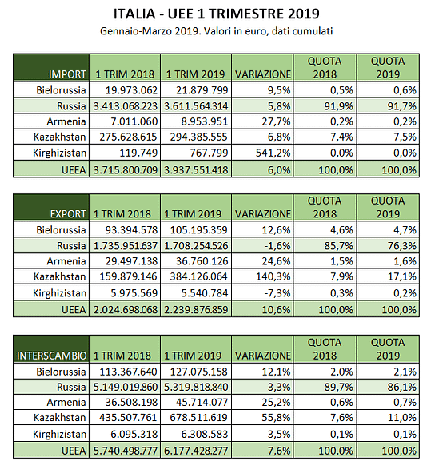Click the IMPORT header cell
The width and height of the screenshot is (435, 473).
tap(51, 67)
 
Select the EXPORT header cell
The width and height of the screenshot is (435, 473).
tap(51, 207)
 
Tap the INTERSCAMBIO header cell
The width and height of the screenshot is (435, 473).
tap(51, 348)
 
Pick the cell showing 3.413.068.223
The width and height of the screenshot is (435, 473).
tap(126, 106)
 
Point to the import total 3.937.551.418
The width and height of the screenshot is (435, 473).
tap(196, 170)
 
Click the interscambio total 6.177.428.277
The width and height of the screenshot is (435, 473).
tap(196, 451)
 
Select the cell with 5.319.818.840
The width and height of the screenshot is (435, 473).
tap(196, 387)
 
